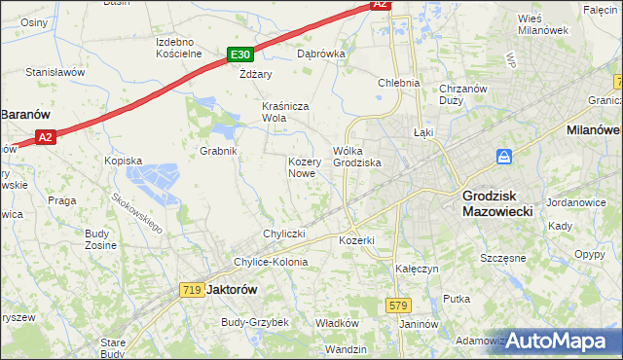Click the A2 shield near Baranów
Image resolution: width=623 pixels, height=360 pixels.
tap(46, 138)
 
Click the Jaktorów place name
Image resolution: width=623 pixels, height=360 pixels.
tap(231, 289)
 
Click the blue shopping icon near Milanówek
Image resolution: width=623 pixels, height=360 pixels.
tap(504, 156)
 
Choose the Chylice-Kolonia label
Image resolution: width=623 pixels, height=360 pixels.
tap(270, 262)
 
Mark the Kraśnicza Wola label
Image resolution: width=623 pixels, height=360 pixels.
tap(287, 112)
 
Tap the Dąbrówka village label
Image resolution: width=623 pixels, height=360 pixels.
tap(321, 54)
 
